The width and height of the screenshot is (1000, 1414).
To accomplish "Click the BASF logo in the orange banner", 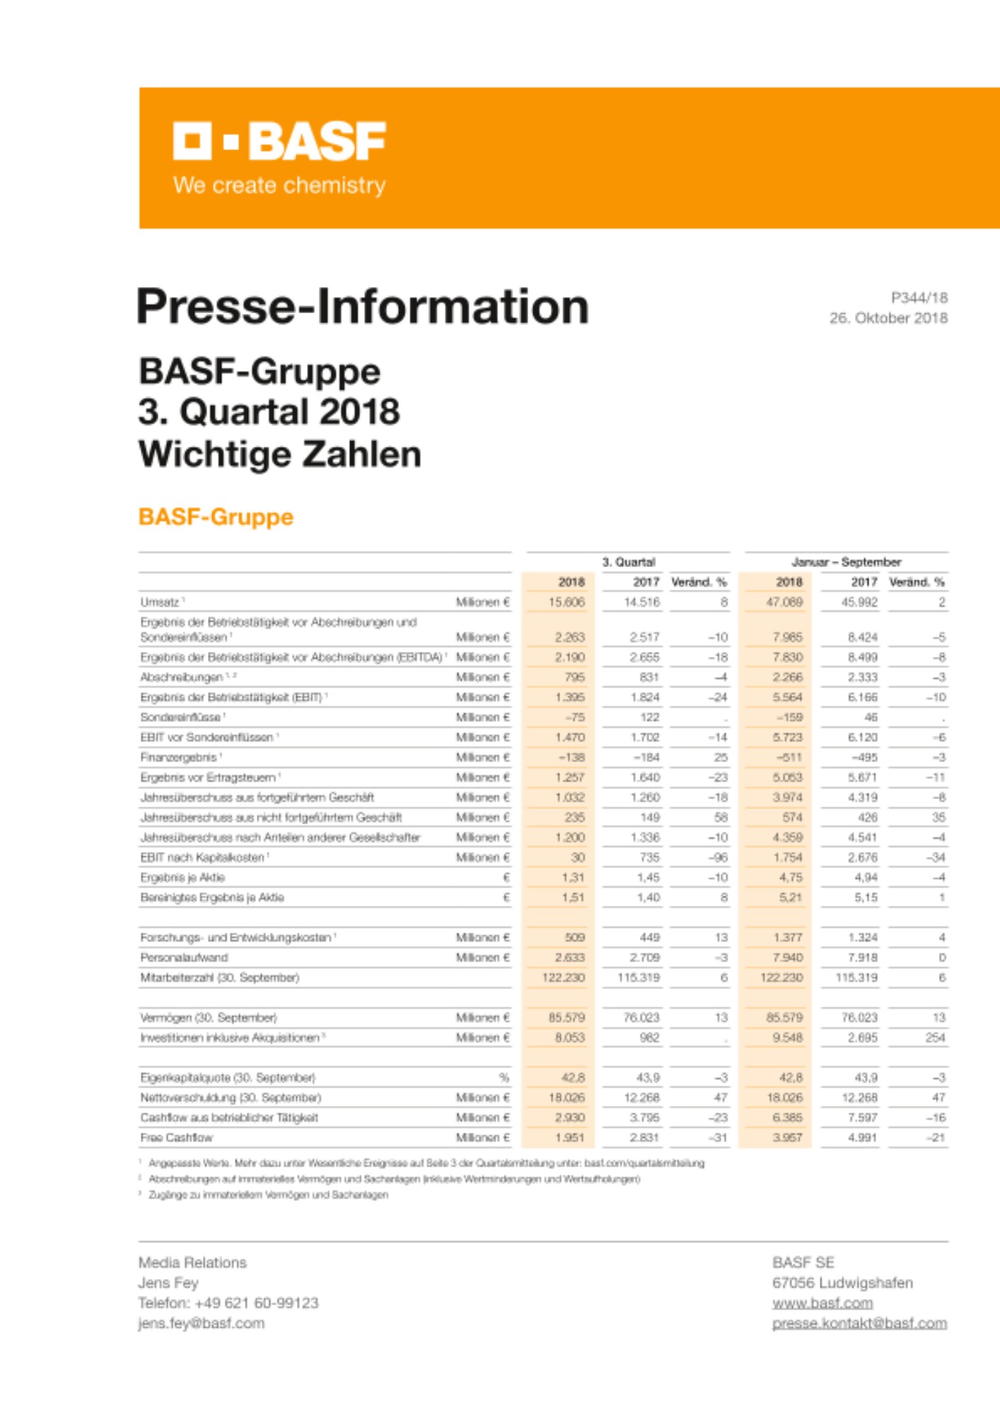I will coord(279,141).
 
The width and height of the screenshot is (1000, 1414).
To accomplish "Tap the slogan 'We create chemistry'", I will coord(279,185).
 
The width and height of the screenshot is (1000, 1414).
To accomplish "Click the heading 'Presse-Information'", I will coord(362,306).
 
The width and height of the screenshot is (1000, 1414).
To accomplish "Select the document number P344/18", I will coord(919,298).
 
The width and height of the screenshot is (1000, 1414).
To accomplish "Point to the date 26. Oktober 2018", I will coord(888,318).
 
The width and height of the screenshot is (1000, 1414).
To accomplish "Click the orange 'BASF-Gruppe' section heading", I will coord(216,517).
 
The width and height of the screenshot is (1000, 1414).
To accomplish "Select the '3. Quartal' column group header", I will coord(628,562).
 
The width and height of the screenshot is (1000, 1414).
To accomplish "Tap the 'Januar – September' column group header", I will coord(846,562).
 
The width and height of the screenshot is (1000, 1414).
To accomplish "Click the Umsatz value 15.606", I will coord(566,602).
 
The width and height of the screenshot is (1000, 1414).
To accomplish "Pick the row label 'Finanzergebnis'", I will coord(179,757).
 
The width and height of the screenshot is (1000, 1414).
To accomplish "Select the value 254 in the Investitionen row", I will coord(935,1037).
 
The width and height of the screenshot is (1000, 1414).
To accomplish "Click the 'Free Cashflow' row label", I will coord(176,1138).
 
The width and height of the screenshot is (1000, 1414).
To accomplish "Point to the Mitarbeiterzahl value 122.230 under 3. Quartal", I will coord(564,977).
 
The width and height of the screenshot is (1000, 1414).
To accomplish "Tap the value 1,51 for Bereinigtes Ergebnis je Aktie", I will coord(574,897).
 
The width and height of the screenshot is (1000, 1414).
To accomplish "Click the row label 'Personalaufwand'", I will coord(184,957).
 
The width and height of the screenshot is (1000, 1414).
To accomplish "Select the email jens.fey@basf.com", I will coord(201,1324).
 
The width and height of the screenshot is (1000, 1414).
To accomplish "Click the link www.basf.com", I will coord(822,1303).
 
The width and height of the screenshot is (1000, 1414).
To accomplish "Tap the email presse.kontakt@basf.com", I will coord(859,1324).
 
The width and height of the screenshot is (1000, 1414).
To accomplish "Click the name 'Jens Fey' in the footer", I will coord(168,1282).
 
